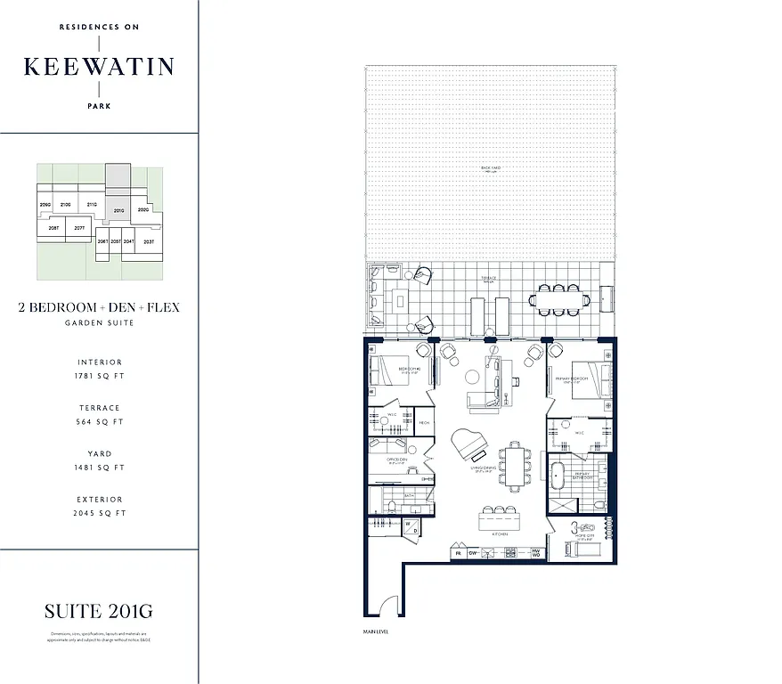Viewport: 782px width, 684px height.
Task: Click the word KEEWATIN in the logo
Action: tap(99, 67)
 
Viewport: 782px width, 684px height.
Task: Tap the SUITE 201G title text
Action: tap(99, 611)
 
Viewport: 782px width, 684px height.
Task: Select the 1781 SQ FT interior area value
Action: tap(99, 377)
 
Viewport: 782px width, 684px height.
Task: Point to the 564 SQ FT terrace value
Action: tap(99, 422)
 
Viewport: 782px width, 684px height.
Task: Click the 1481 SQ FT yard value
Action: tap(99, 468)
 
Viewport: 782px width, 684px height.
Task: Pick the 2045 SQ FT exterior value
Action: tap(99, 513)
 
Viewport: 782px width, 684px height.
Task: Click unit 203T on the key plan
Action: tap(149, 241)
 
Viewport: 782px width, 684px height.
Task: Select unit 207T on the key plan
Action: tap(79, 228)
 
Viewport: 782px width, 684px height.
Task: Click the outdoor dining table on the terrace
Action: tap(558, 300)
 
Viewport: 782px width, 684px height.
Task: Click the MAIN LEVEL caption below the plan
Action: tap(376, 631)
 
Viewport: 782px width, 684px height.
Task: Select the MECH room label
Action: tap(424, 421)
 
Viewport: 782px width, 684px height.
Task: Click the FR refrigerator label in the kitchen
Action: tap(459, 553)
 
